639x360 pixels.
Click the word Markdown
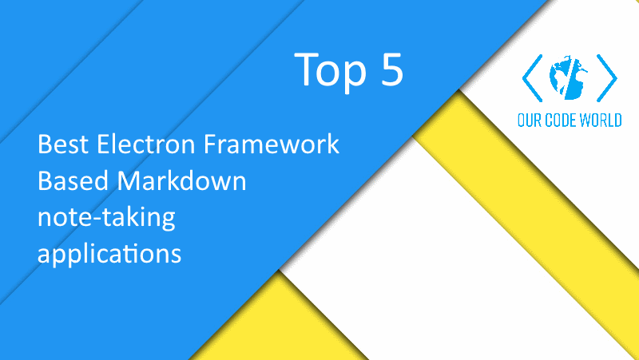click(179, 182)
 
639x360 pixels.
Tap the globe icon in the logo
click(570, 77)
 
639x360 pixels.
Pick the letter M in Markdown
click(129, 182)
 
